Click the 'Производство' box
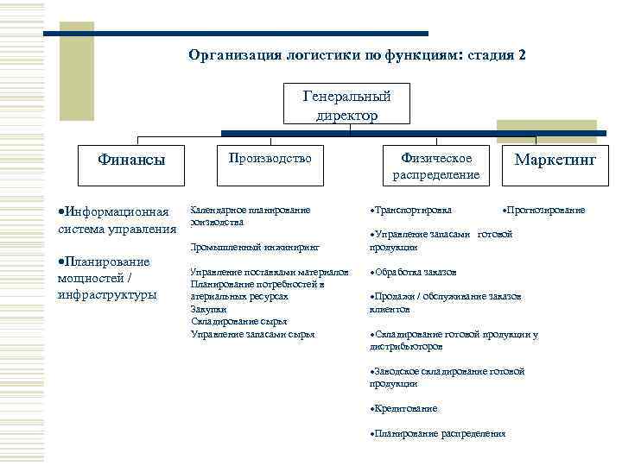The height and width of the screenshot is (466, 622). tap(269, 160)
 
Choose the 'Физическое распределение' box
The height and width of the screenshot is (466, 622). tap(435, 166)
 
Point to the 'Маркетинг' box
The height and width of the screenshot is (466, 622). tap(555, 160)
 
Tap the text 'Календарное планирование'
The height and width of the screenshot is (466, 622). tap(250, 210)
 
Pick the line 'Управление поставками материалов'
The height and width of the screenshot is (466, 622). tap(270, 272)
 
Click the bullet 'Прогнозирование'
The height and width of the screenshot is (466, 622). tap(545, 210)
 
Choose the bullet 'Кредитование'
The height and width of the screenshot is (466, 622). tap(405, 408)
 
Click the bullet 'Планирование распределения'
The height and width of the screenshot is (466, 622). tap(438, 433)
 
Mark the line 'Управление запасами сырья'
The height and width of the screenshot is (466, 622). tap(252, 334)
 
